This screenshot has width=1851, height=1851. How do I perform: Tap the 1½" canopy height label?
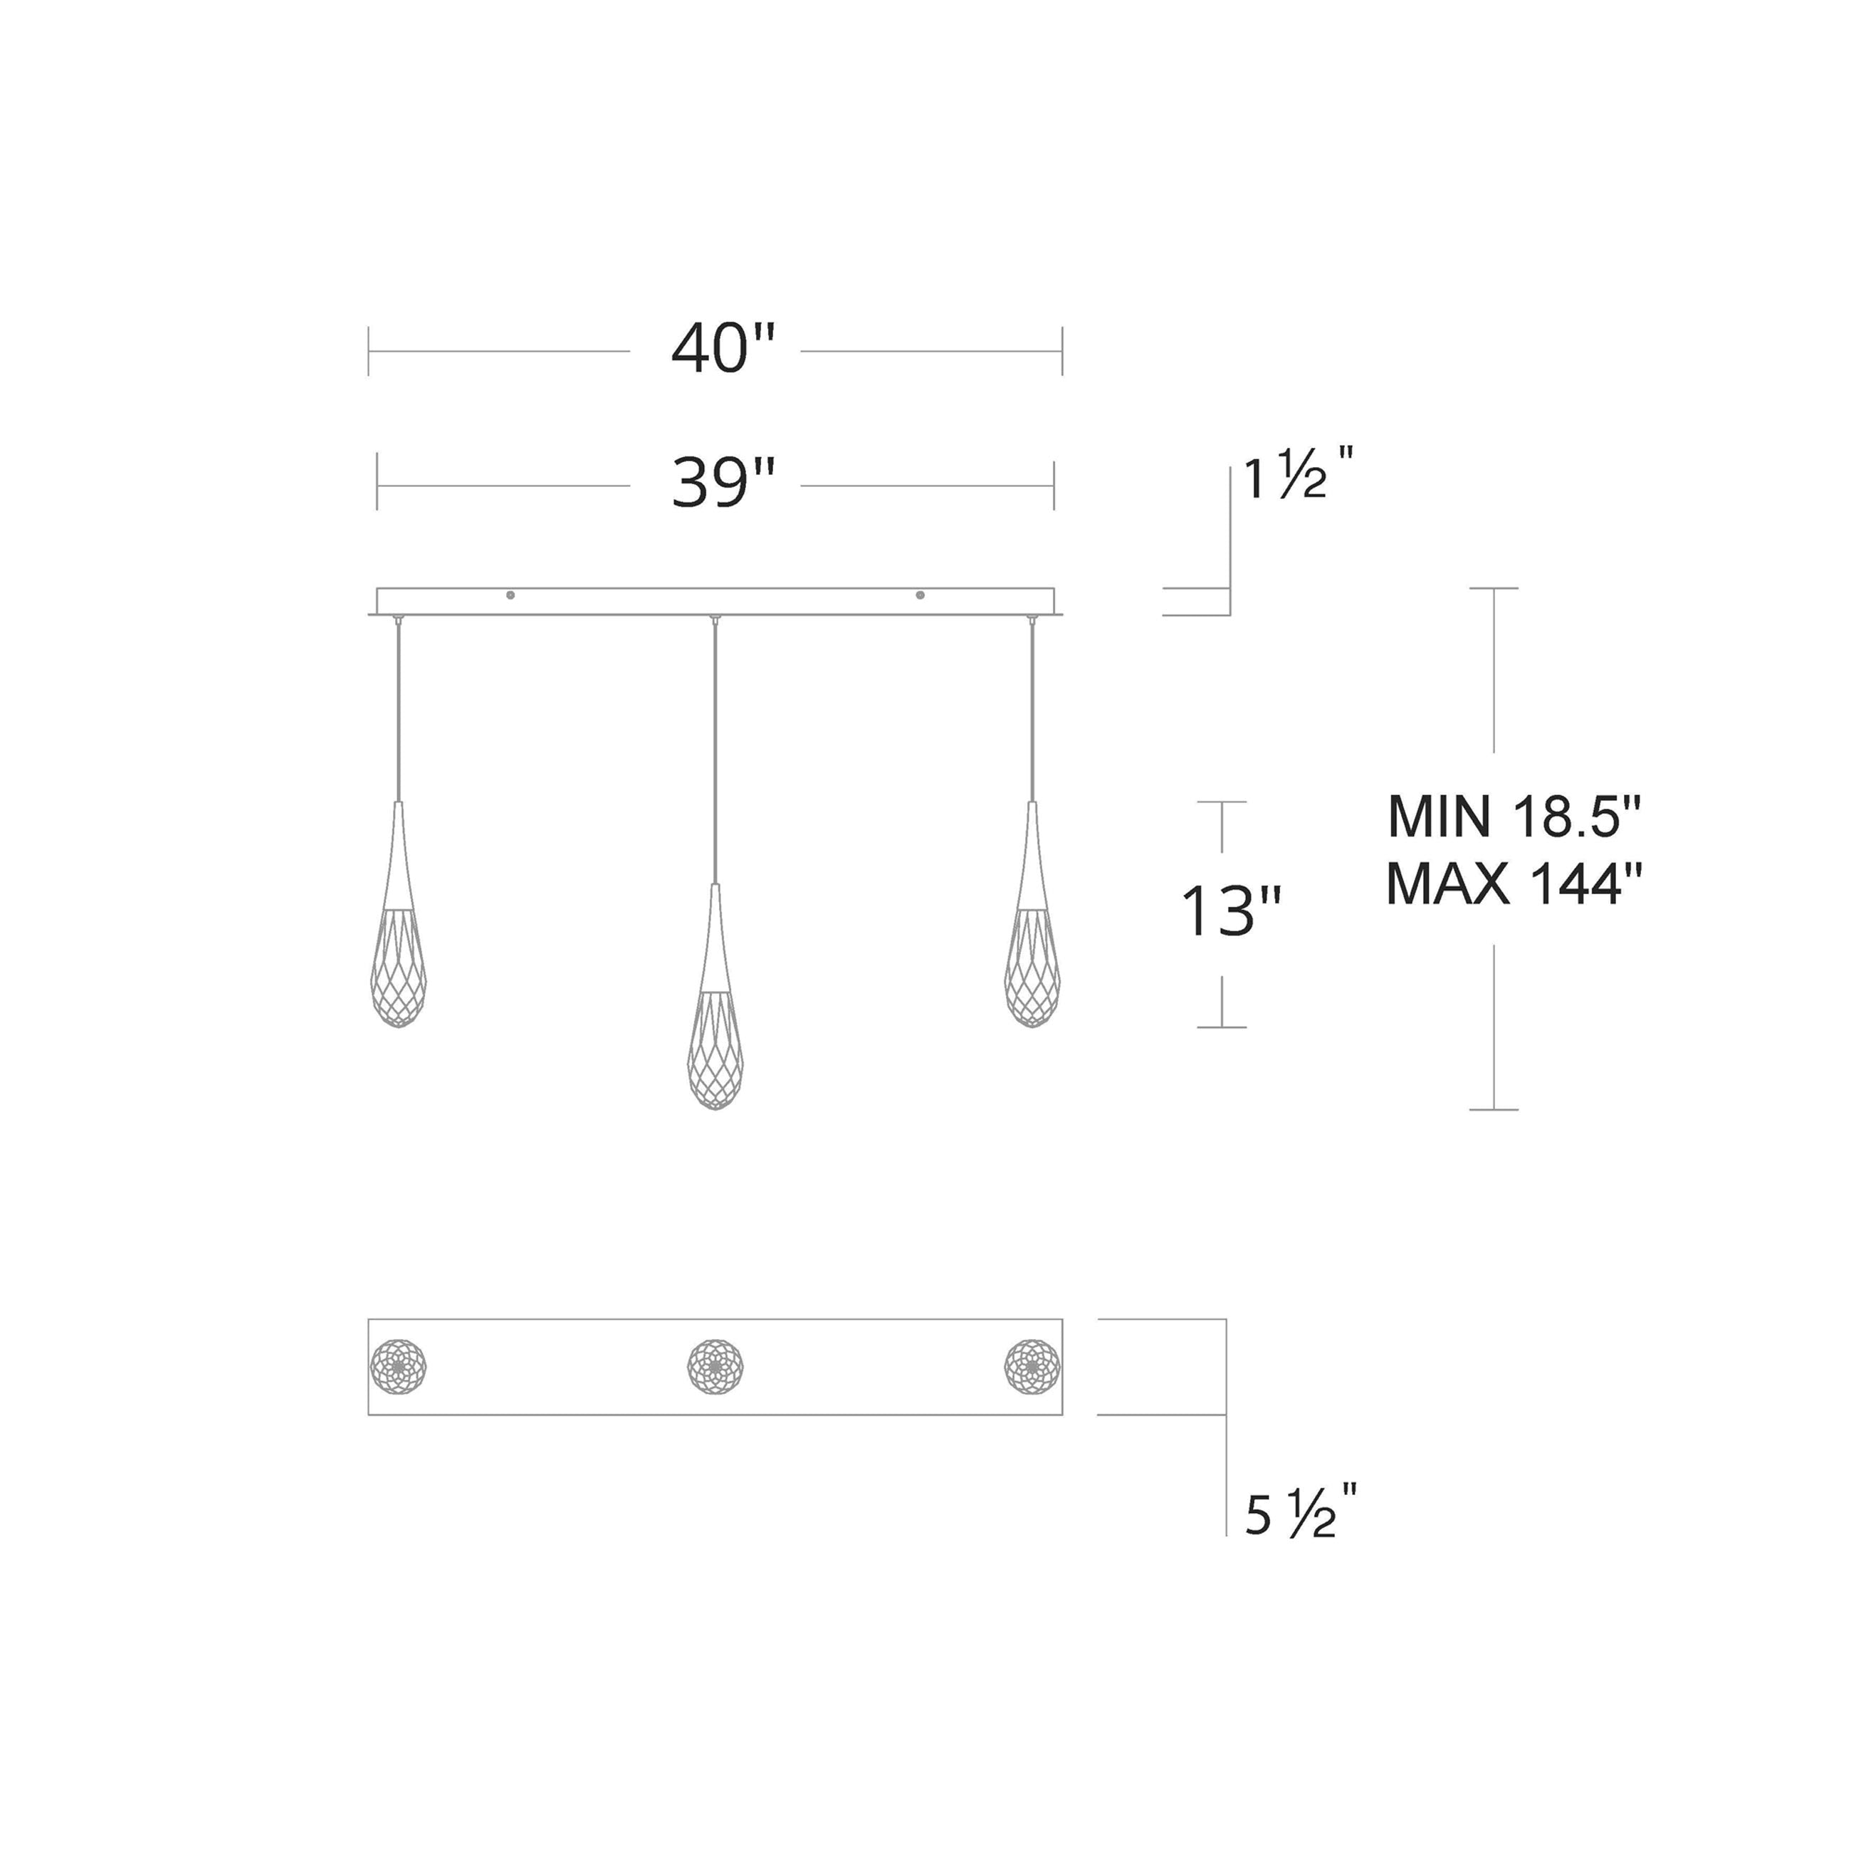[x=1297, y=476]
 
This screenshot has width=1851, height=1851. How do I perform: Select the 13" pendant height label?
[x=1230, y=911]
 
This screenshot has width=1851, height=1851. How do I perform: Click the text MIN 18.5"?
[x=1514, y=817]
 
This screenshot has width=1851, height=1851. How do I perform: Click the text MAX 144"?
[x=1514, y=883]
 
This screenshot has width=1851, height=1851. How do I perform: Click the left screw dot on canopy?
[x=510, y=595]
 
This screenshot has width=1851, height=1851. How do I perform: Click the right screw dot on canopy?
[x=920, y=595]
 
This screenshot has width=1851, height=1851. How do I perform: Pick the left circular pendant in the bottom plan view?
[x=399, y=1366]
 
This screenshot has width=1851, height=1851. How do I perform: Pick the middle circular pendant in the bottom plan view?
[x=715, y=1366]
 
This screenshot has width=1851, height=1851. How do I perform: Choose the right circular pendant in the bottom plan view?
[x=1032, y=1366]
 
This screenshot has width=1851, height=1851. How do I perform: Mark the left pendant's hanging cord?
[x=399, y=709]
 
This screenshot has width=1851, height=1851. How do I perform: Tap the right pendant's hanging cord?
[x=1032, y=709]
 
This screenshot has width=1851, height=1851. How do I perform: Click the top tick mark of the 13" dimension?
[x=1222, y=802]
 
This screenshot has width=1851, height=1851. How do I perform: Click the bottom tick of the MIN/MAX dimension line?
[x=1494, y=1109]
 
